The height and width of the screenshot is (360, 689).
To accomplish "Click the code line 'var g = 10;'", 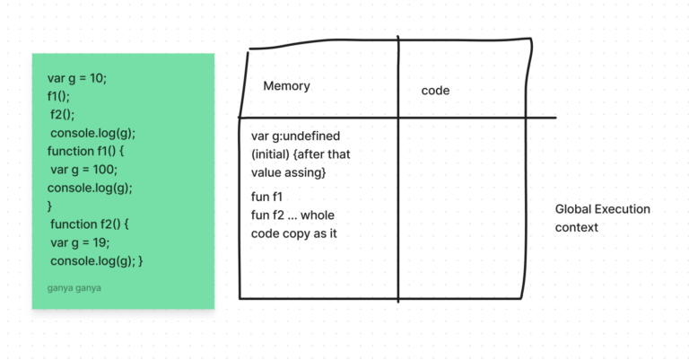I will point(77,78).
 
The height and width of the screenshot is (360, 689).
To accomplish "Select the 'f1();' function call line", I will point(61,96).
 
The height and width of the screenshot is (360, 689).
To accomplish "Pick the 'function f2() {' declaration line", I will point(90,224).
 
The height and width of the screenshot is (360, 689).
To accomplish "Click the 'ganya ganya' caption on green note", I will point(74,288).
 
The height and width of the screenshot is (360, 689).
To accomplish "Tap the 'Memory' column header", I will point(286,86).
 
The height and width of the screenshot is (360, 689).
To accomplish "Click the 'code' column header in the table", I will point(435,91).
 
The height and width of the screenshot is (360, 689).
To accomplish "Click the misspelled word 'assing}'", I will point(306,171).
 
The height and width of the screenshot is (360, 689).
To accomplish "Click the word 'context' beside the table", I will point(577,227).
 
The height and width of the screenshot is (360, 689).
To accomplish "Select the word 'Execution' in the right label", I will point(624,209).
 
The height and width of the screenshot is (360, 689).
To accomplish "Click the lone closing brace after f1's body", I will point(50,206).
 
